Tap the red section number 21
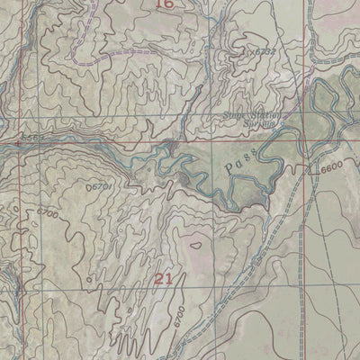163,278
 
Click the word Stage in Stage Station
236,115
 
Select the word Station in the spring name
265,115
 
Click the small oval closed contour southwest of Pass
195,243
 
